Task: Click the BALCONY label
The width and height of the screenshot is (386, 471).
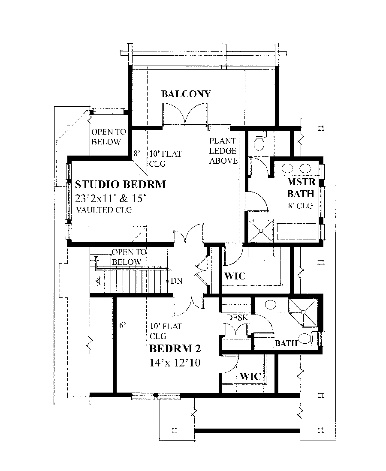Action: [186, 94]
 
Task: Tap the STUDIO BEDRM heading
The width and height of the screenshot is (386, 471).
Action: [121, 185]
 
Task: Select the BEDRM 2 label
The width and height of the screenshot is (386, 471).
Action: [175, 348]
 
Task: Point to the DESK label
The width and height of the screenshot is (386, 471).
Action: [235, 318]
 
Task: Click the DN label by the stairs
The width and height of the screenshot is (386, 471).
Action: [176, 281]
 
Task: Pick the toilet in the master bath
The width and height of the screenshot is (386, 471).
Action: [260, 141]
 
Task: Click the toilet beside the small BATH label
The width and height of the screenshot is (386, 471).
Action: [305, 339]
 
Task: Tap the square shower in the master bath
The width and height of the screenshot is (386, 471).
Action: [261, 231]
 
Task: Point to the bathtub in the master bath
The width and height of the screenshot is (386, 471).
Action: [297, 231]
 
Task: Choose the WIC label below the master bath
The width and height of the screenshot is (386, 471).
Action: [235, 276]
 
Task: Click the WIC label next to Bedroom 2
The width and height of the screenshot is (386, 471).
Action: [250, 376]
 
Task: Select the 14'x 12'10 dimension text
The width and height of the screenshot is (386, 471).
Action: [176, 363]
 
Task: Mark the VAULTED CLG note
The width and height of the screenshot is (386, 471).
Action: [103, 210]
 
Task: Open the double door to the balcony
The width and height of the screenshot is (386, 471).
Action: [185, 117]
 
